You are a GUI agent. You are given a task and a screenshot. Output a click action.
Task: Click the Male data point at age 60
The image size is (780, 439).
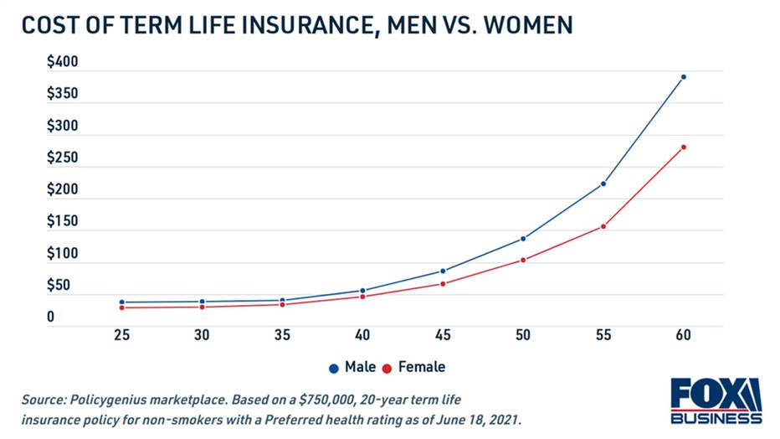(x=684, y=77)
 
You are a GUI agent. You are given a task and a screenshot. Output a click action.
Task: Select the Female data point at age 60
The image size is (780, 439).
(x=684, y=147)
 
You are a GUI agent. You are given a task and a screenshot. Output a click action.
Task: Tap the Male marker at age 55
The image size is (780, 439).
(x=603, y=183)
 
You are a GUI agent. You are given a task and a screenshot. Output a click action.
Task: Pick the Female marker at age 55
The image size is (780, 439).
(x=603, y=226)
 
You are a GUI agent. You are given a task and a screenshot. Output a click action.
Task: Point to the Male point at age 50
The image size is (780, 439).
(x=523, y=239)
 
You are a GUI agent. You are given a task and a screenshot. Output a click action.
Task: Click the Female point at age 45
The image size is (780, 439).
(x=443, y=284)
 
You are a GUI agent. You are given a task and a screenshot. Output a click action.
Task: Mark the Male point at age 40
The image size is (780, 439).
(x=362, y=291)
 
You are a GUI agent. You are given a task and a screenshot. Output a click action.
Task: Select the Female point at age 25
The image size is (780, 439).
(x=121, y=307)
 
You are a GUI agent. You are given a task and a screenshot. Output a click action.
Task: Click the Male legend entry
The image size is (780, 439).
(x=352, y=367)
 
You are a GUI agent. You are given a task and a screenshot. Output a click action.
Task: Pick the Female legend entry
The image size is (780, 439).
(x=414, y=367)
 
